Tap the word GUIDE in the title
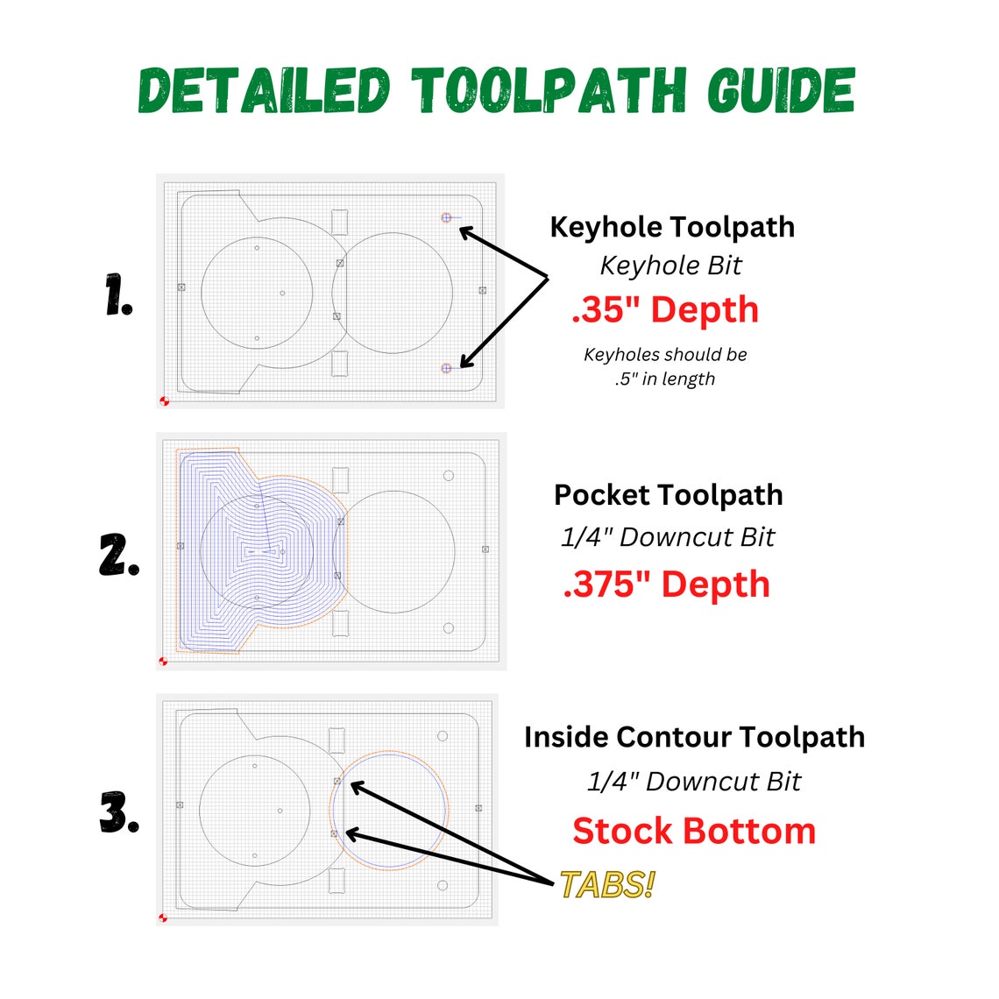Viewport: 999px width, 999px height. pos(781,90)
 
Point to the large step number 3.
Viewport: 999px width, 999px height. pos(119,813)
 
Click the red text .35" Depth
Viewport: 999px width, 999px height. pos(665,310)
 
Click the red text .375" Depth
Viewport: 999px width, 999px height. pos(666,585)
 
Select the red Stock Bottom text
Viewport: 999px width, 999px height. pos(694,831)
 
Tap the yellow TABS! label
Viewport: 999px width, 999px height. pos(606,885)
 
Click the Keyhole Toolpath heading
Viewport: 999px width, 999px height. pos(672,227)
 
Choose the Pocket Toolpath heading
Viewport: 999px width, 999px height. pos(669,495)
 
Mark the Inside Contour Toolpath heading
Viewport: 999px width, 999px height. pos(694,737)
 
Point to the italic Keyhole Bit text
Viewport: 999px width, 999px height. pos(670,266)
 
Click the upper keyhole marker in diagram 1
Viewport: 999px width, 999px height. pos(447,217)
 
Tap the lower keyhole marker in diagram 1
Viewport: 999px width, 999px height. pos(447,368)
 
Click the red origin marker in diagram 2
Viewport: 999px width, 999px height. pos(163,661)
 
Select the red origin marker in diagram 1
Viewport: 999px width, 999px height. pos(164,400)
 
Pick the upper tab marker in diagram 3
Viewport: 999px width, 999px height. pos(337,781)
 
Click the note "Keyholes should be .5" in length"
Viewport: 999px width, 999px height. pos(665,367)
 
